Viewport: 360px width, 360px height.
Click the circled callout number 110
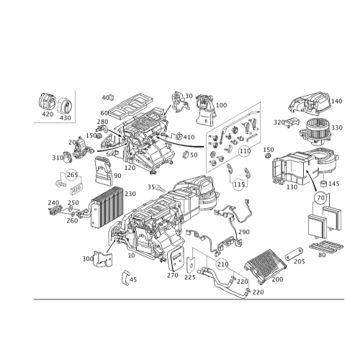click(x=245, y=151)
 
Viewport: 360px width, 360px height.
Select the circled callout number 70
click(x=320, y=198)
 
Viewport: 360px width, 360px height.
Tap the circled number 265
click(x=72, y=175)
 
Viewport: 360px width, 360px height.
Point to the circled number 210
click(x=222, y=264)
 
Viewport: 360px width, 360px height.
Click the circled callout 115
click(x=239, y=184)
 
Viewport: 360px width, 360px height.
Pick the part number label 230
click(x=130, y=194)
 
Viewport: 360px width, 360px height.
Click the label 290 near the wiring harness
click(x=244, y=232)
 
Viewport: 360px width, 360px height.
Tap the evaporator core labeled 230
click(x=107, y=207)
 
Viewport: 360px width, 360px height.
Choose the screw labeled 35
click(x=161, y=188)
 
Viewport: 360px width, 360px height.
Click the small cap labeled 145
click(x=324, y=184)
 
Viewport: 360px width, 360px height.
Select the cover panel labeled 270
click(x=176, y=260)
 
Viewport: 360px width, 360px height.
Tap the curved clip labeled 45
click(x=126, y=278)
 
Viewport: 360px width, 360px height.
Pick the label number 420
click(x=48, y=114)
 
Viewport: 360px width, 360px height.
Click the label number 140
click(x=336, y=101)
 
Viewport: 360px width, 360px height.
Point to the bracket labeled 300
click(x=104, y=258)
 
